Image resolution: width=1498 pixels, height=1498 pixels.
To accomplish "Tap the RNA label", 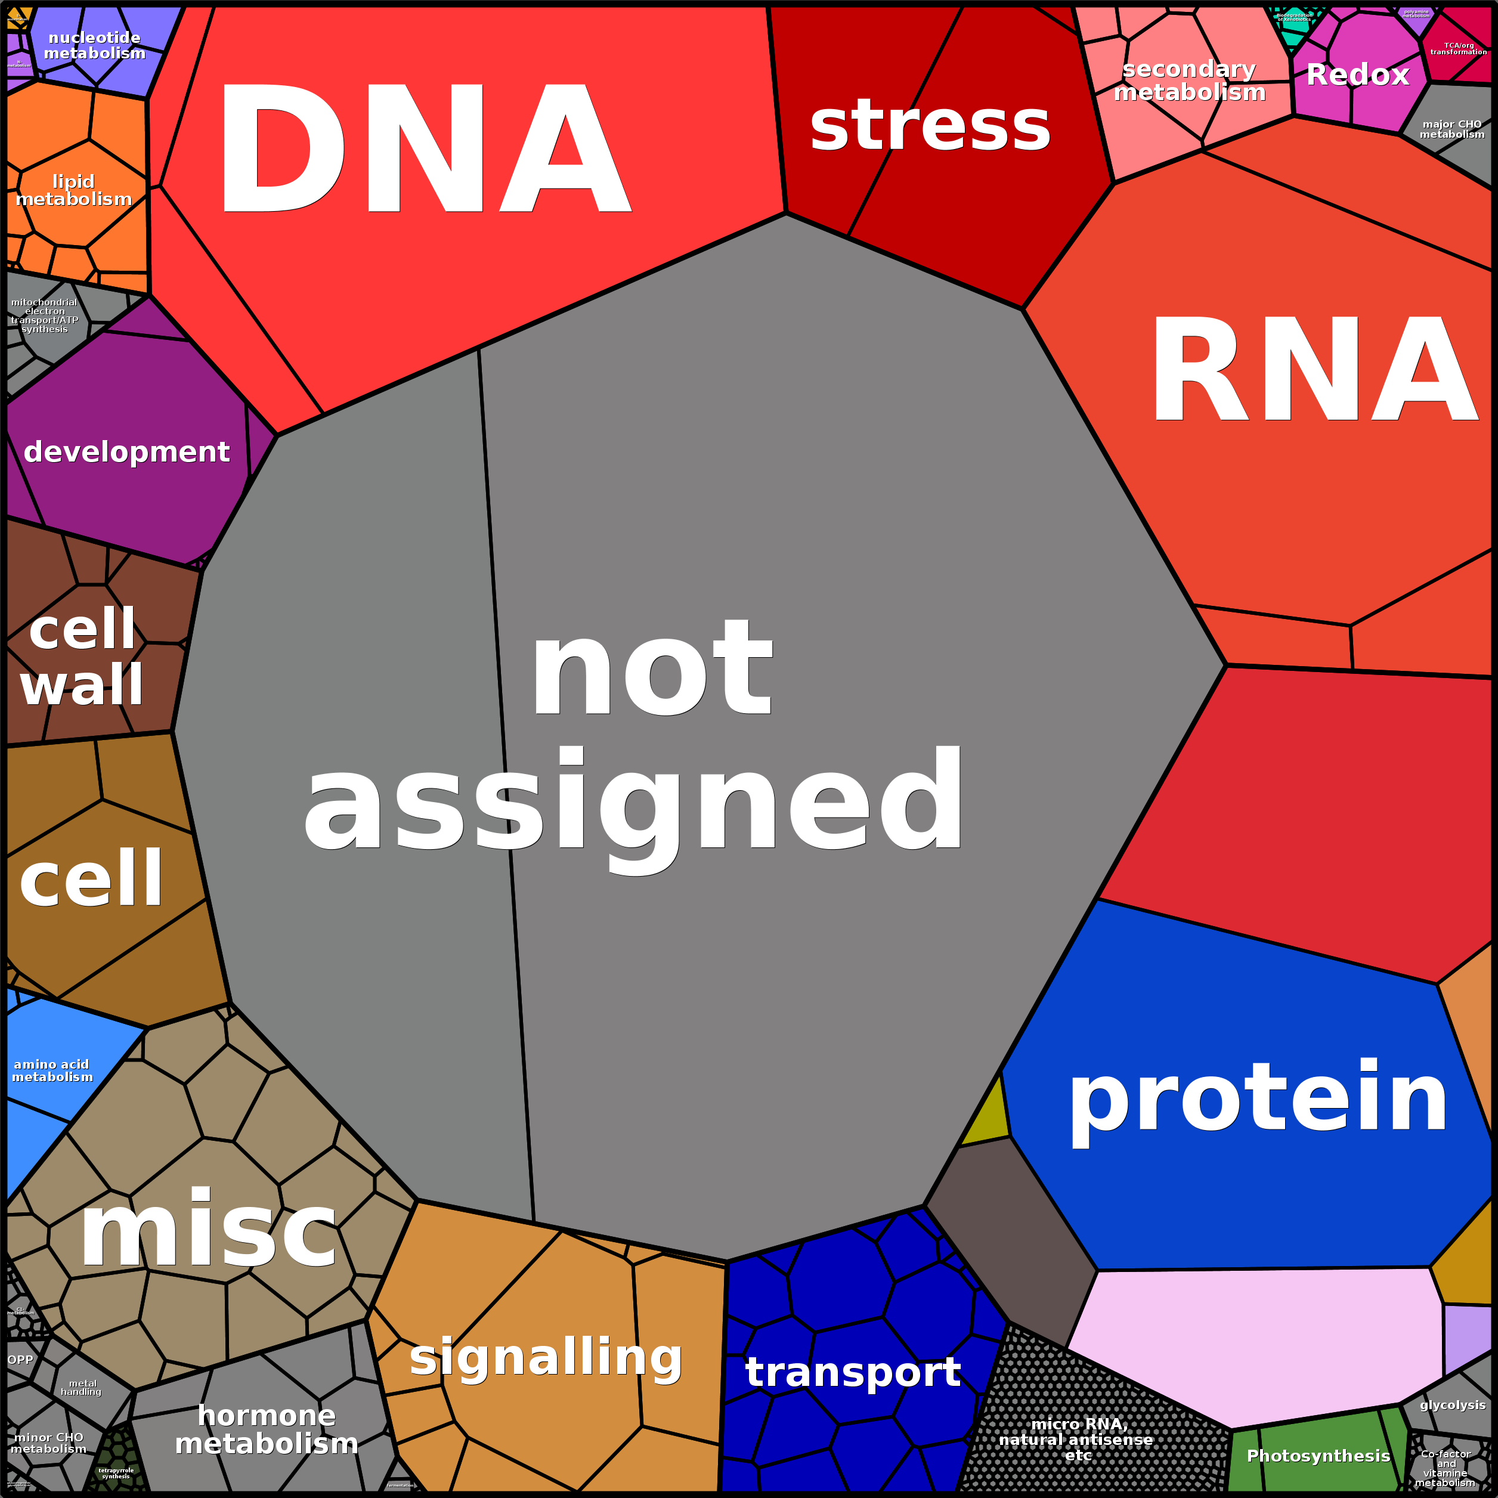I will tap(1314, 370).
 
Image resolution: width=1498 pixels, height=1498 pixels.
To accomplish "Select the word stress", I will tap(930, 126).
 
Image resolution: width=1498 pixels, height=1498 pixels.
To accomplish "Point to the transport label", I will tap(853, 1372).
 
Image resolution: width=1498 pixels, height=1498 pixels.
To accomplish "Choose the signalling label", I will tap(546, 1356).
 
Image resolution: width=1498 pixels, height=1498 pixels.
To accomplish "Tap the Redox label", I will tap(1357, 75).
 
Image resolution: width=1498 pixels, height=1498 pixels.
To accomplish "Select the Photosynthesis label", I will tap(1318, 1455).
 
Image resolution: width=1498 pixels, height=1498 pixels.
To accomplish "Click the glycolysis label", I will tap(1452, 1405).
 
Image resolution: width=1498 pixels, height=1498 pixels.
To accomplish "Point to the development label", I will tap(126, 451).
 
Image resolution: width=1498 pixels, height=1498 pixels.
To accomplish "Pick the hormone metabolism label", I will tap(267, 1429).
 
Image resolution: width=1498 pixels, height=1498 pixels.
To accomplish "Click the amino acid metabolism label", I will tap(52, 1071).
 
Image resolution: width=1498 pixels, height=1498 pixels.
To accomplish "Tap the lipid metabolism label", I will tap(74, 190).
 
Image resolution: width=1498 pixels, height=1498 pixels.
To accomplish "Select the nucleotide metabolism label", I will tap(95, 45).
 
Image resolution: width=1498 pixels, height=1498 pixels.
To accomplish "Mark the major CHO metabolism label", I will tap(1451, 129).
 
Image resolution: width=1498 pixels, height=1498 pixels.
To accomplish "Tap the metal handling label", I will tap(82, 1387).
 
